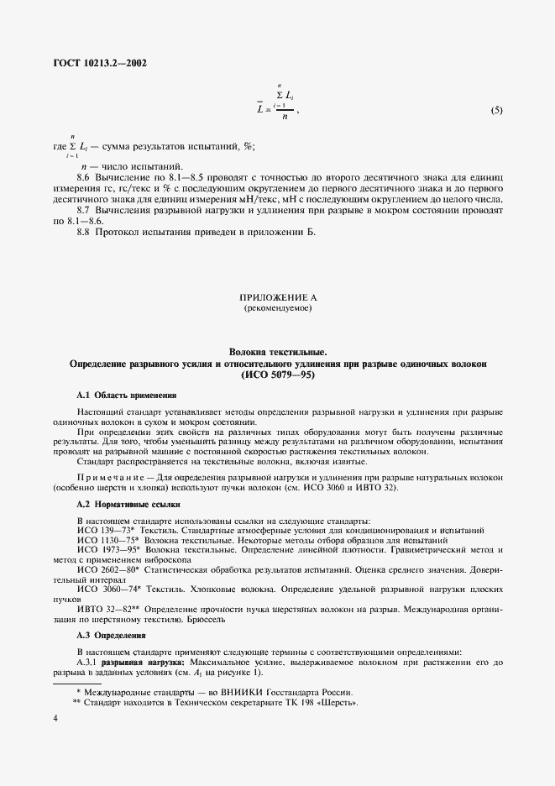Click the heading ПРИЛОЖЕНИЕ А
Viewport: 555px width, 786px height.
pos(277,298)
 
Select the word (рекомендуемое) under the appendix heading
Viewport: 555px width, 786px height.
pos(277,309)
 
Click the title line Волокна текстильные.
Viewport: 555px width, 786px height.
pos(277,353)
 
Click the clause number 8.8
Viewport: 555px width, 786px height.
pos(83,232)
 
